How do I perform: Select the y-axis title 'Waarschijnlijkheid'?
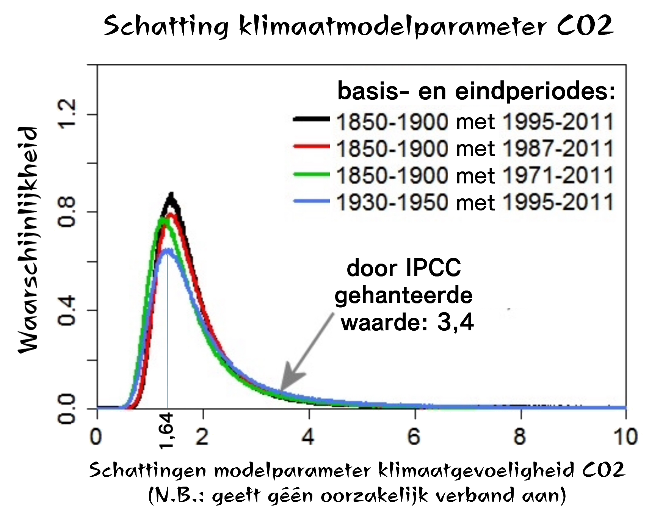click(x=28, y=240)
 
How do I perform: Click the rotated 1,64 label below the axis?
click(x=166, y=431)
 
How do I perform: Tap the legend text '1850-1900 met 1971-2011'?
click(x=475, y=176)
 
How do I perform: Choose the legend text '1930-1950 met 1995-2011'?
click(x=475, y=202)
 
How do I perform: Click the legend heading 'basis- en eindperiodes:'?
click(x=476, y=91)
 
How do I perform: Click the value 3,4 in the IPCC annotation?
click(x=455, y=322)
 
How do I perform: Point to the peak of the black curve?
click(x=171, y=195)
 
